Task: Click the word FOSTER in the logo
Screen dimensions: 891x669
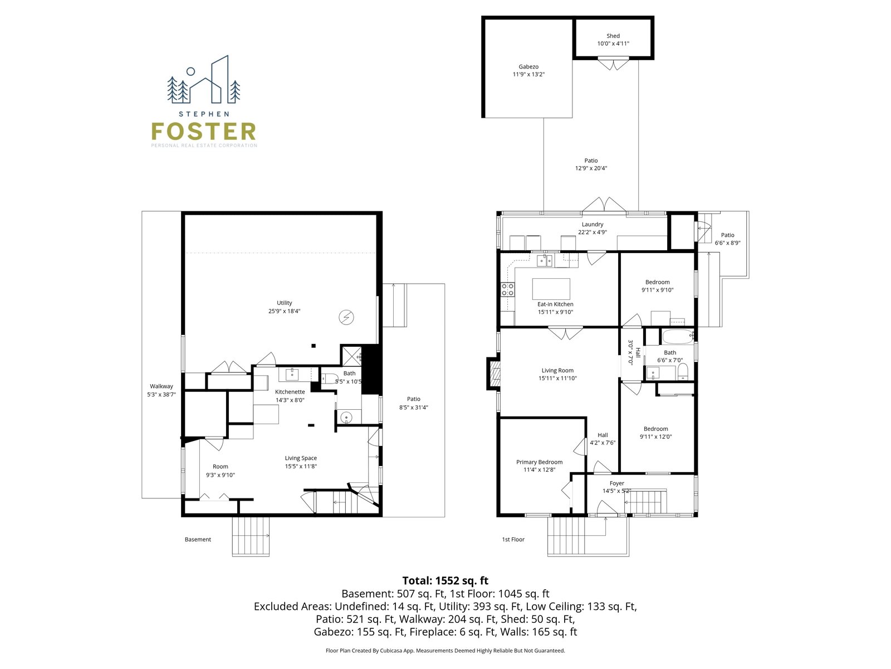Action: [203, 131]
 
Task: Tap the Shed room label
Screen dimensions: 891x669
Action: [613, 36]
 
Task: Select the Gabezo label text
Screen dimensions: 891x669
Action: [528, 66]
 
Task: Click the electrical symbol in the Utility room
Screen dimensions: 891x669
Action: [346, 317]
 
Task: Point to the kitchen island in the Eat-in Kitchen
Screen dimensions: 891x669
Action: [551, 289]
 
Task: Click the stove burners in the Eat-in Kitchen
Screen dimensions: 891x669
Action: [507, 289]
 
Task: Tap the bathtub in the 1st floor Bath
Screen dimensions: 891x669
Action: [678, 336]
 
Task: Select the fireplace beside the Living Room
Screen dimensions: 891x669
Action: [493, 374]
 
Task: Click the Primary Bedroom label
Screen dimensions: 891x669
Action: [539, 462]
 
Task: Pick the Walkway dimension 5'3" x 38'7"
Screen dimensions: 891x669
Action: [161, 394]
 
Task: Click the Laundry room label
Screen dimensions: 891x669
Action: [593, 224]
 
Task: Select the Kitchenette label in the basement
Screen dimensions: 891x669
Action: [290, 392]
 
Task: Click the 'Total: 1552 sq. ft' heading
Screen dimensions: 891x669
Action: [445, 580]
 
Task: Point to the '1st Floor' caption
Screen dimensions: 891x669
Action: [513, 540]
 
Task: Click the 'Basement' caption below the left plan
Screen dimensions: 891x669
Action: [198, 540]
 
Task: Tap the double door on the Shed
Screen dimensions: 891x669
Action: [613, 64]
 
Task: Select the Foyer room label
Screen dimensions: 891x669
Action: [616, 483]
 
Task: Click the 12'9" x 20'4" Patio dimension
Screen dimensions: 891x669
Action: [591, 168]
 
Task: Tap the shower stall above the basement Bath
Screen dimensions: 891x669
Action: [351, 356]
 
